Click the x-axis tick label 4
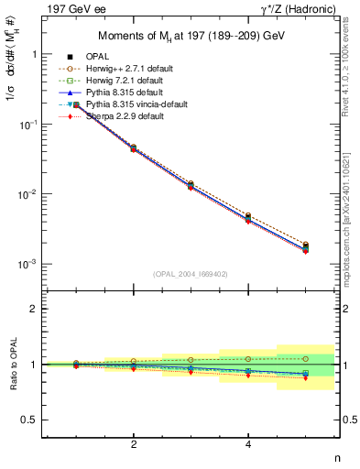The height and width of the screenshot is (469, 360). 248,444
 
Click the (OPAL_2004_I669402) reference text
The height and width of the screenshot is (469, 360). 191,274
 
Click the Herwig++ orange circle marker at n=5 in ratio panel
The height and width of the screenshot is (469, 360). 305,358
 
